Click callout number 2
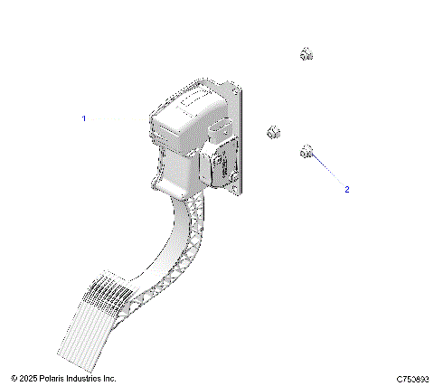[346, 190]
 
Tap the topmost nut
[306, 55]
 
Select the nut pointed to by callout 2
[307, 150]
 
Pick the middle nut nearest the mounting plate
[272, 135]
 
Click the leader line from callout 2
[327, 170]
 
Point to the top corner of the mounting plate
[241, 85]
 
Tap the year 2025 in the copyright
[28, 378]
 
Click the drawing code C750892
[411, 378]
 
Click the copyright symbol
[14, 378]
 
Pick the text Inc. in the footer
[109, 378]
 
